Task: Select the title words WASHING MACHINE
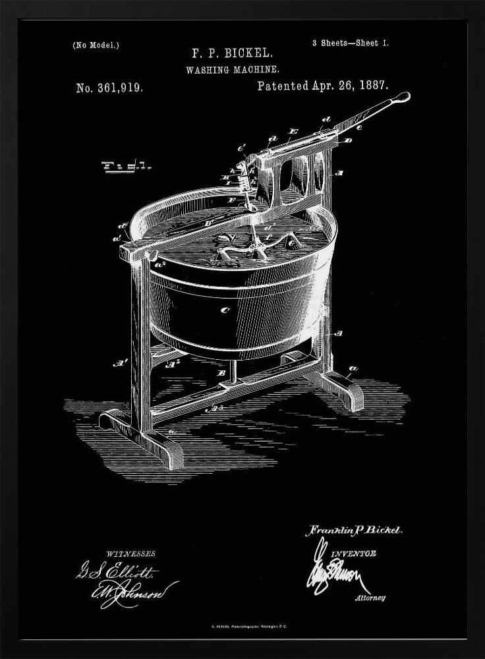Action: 233,69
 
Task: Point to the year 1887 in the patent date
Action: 373,86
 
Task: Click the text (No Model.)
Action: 96,45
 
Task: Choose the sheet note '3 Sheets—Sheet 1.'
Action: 350,43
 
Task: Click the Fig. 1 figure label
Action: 127,166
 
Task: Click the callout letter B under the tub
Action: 223,373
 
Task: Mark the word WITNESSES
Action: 130,554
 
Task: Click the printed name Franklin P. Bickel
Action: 353,530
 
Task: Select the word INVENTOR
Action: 354,554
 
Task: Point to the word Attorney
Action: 370,598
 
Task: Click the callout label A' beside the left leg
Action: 121,362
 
